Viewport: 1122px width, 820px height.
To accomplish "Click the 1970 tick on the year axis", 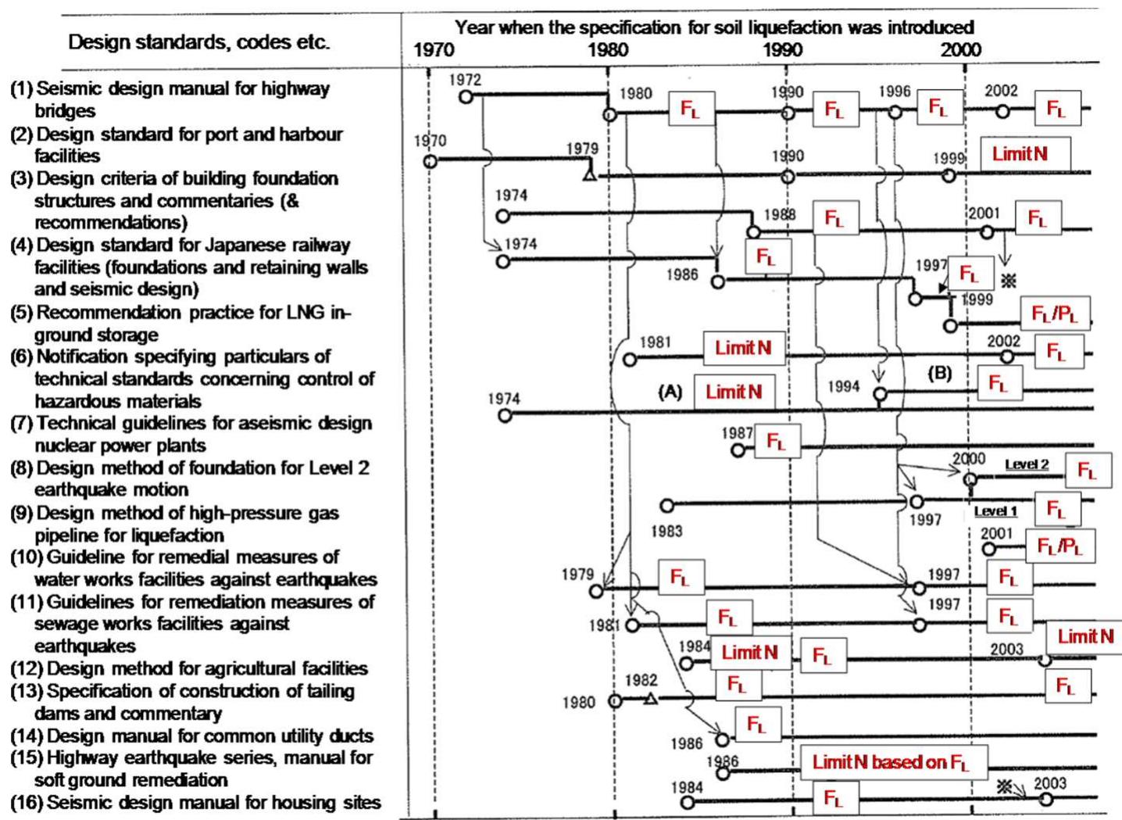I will click(433, 49).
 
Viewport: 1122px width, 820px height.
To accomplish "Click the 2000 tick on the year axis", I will click(960, 49).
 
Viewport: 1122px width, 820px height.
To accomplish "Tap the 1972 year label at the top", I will click(465, 79).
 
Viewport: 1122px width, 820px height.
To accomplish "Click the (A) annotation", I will click(670, 392).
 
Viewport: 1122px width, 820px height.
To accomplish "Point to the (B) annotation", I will click(939, 373).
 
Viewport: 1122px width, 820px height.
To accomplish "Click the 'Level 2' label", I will click(1026, 464).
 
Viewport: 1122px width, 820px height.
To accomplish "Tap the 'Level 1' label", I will click(995, 511).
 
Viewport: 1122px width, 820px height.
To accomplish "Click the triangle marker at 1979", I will click(590, 174).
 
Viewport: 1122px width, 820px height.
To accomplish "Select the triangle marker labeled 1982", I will click(651, 698).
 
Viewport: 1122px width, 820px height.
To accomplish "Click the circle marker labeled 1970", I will click(429, 161).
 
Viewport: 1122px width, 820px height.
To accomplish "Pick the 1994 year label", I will click(843, 386).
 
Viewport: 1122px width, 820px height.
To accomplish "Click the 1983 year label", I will click(666, 531).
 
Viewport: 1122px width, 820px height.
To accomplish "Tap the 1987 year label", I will click(737, 432).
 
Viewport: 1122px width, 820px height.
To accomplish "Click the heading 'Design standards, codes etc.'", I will click(198, 42).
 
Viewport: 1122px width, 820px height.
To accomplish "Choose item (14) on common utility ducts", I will click(191, 736).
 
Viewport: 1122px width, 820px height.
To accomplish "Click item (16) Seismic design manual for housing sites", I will click(195, 802).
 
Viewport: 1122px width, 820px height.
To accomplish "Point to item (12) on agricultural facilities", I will click(188, 668).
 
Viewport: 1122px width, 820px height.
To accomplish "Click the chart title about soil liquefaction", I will click(713, 27).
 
